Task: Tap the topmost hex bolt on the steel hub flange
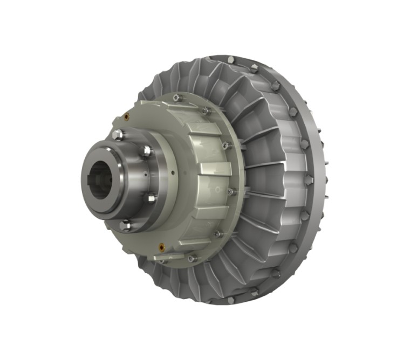(118, 135)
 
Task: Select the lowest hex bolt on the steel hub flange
(126, 225)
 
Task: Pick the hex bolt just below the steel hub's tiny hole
(152, 198)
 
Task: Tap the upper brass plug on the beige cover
(126, 115)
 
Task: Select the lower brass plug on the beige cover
(161, 248)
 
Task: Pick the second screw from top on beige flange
(206, 110)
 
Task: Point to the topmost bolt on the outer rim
(230, 59)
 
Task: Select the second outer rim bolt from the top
(255, 67)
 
